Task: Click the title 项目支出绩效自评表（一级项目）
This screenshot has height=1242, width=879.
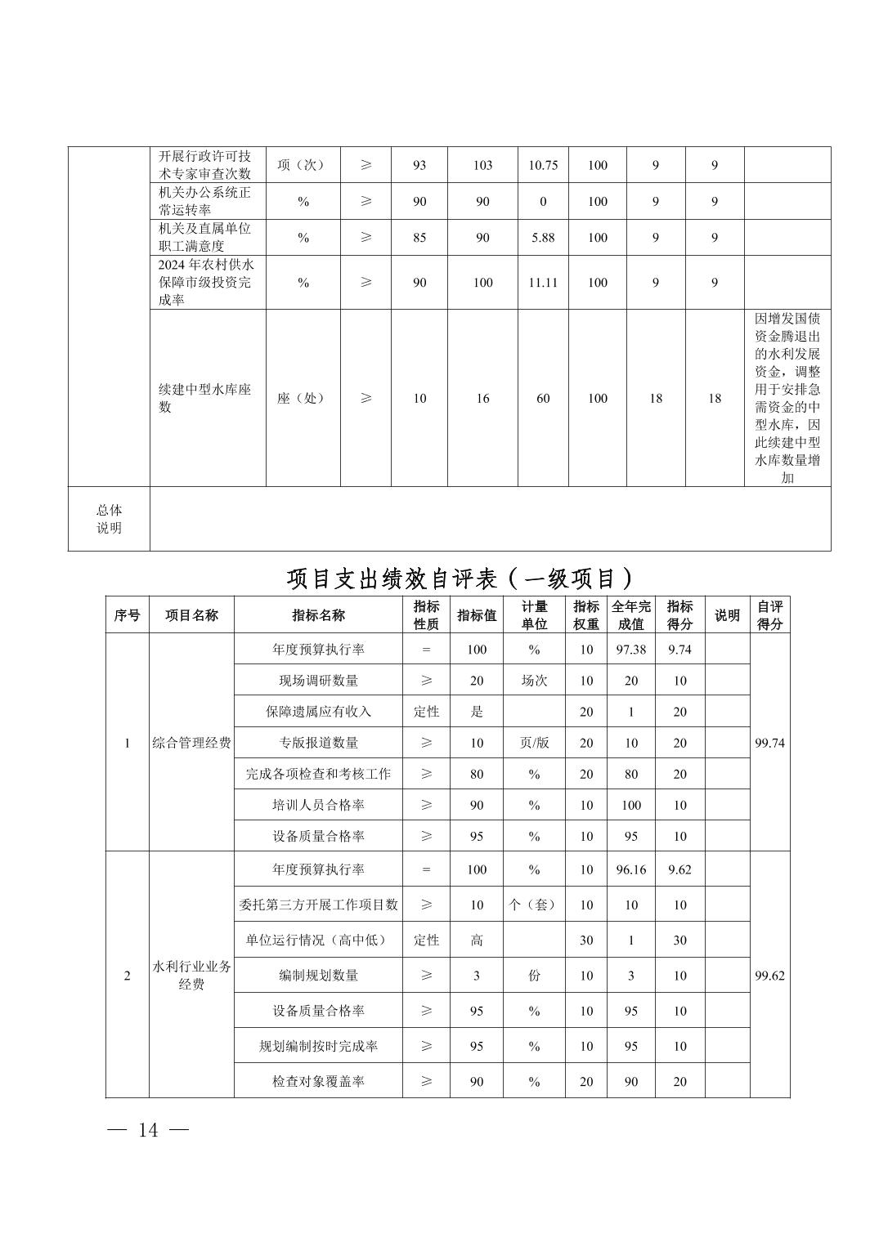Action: pyautogui.click(x=460, y=579)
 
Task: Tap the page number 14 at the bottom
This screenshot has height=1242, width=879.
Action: pyautogui.click(x=148, y=1130)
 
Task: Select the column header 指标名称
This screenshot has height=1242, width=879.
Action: pyautogui.click(x=318, y=615)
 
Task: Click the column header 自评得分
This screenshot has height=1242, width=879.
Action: pyautogui.click(x=769, y=615)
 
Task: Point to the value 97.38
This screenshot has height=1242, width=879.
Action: pyautogui.click(x=630, y=650)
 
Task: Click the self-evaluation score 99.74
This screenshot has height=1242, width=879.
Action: pyautogui.click(x=769, y=743)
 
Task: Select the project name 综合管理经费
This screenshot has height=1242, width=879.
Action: pyautogui.click(x=191, y=743)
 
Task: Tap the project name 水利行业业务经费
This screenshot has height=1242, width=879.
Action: pyautogui.click(x=191, y=975)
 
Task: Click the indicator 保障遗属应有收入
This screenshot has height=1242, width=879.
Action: pyautogui.click(x=318, y=712)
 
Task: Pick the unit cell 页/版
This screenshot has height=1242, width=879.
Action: pyautogui.click(x=534, y=743)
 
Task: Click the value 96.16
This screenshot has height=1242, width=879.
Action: pyautogui.click(x=630, y=869)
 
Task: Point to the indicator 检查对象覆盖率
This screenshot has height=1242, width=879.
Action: pyautogui.click(x=318, y=1081)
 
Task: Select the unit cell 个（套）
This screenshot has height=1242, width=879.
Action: pyautogui.click(x=534, y=905)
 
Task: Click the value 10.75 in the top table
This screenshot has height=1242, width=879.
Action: pyautogui.click(x=543, y=165)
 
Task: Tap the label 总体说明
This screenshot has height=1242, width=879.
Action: pyautogui.click(x=109, y=519)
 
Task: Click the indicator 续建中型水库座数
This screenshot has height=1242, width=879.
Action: pyautogui.click(x=204, y=398)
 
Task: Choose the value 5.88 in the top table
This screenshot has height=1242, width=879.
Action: pyautogui.click(x=543, y=238)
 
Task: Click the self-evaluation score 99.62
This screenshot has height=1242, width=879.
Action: pyautogui.click(x=769, y=976)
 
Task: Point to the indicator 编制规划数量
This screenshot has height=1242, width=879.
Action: pyautogui.click(x=318, y=976)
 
